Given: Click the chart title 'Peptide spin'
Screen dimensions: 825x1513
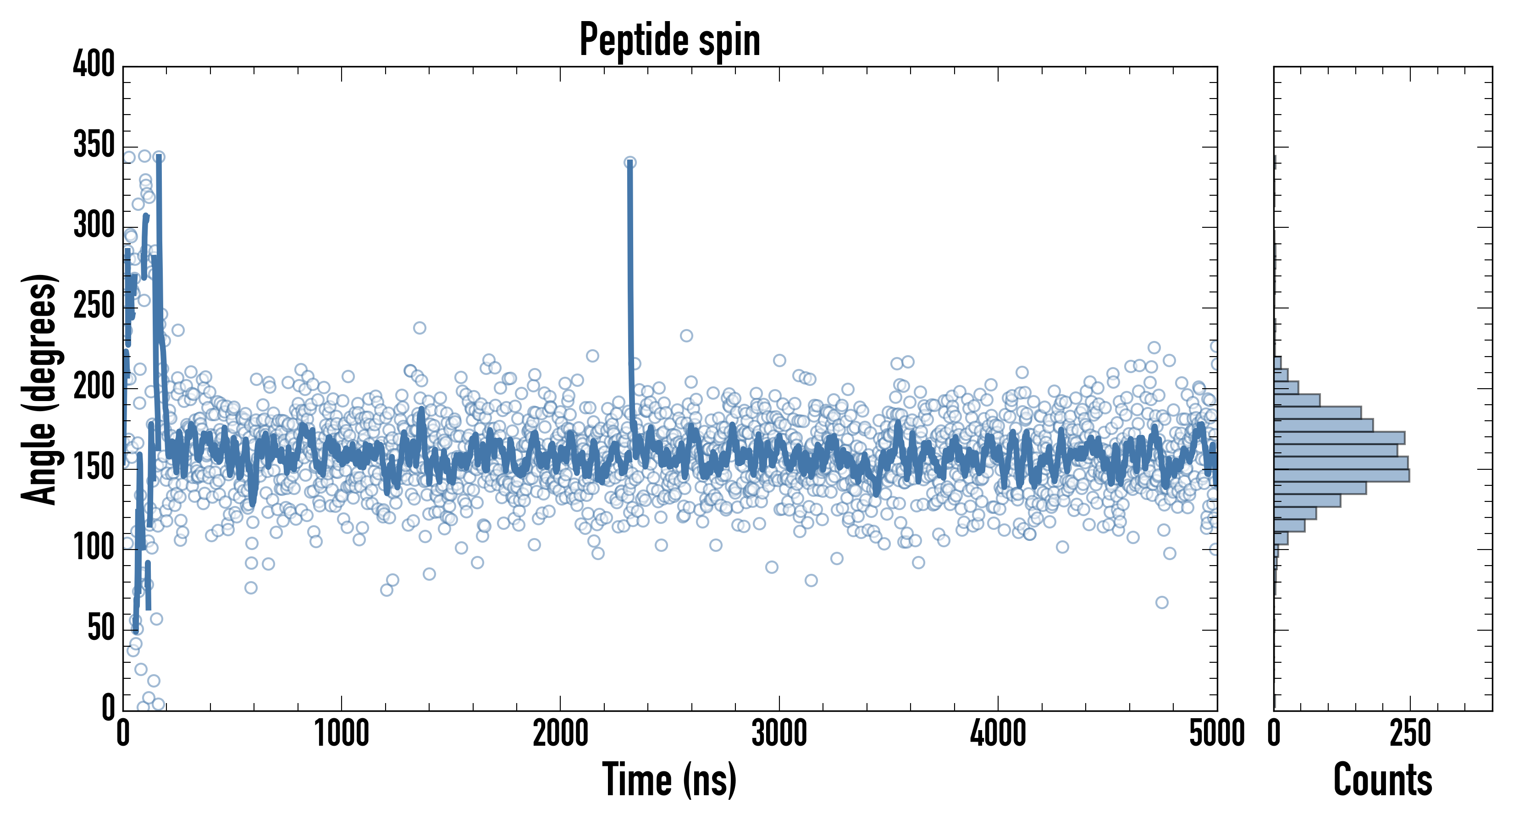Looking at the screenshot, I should coord(669,40).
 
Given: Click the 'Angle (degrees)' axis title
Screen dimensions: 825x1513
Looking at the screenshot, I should coord(39,389).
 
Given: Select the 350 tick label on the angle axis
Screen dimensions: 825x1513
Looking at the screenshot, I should coord(94,144).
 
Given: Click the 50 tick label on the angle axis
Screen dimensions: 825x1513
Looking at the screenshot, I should coord(101,628).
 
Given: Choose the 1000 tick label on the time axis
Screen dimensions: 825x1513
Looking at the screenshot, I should coord(342,733).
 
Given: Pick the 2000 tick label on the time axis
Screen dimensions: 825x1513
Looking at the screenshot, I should coord(560,733).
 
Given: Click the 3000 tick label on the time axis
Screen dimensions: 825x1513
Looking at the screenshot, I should coord(779,733).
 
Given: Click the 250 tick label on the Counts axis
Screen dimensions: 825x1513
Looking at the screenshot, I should coord(1410,733).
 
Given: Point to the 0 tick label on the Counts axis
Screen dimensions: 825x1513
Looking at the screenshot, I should coord(1274,733).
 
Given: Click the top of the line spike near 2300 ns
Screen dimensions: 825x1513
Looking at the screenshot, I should coord(629,163).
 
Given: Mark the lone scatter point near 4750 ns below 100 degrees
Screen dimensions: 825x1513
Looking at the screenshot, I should coord(1161,602).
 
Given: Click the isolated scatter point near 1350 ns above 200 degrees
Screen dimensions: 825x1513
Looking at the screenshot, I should coord(420,328).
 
